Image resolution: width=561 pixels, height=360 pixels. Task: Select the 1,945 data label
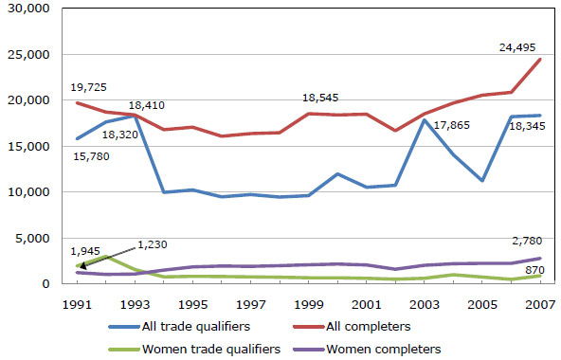pyautogui.click(x=88, y=251)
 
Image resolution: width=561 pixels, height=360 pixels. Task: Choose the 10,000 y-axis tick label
pyautogui.click(x=27, y=192)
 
